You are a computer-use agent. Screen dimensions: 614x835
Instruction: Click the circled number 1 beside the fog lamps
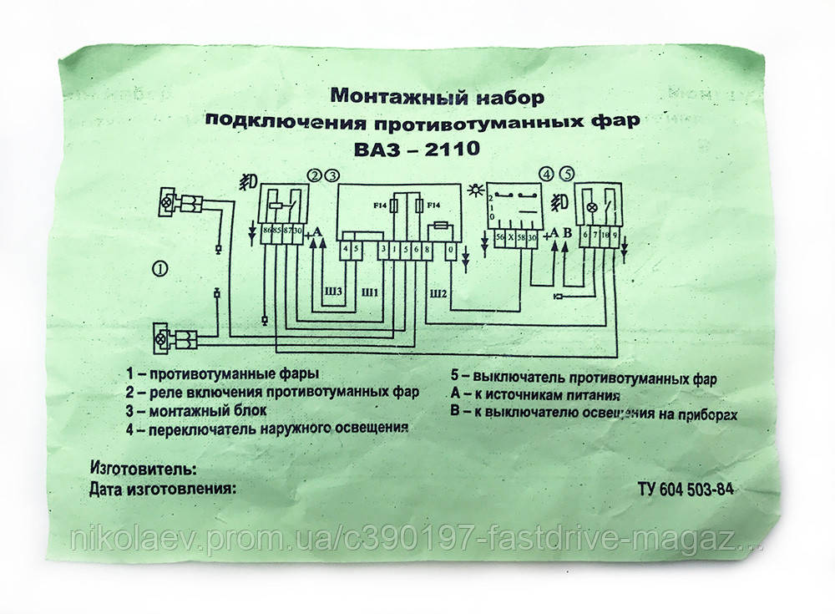coord(159,268)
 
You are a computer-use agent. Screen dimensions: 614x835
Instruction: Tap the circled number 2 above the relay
coord(315,176)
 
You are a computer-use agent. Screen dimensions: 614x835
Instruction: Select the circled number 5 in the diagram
coord(567,175)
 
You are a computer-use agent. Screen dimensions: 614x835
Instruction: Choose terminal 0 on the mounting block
coord(451,250)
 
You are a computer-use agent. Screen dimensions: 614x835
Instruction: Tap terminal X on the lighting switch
coord(512,239)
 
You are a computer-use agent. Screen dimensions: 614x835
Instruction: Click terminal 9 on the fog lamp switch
coord(615,237)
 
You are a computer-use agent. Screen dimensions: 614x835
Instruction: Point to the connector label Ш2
coord(438,293)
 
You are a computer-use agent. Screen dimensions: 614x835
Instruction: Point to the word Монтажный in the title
coord(380,94)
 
